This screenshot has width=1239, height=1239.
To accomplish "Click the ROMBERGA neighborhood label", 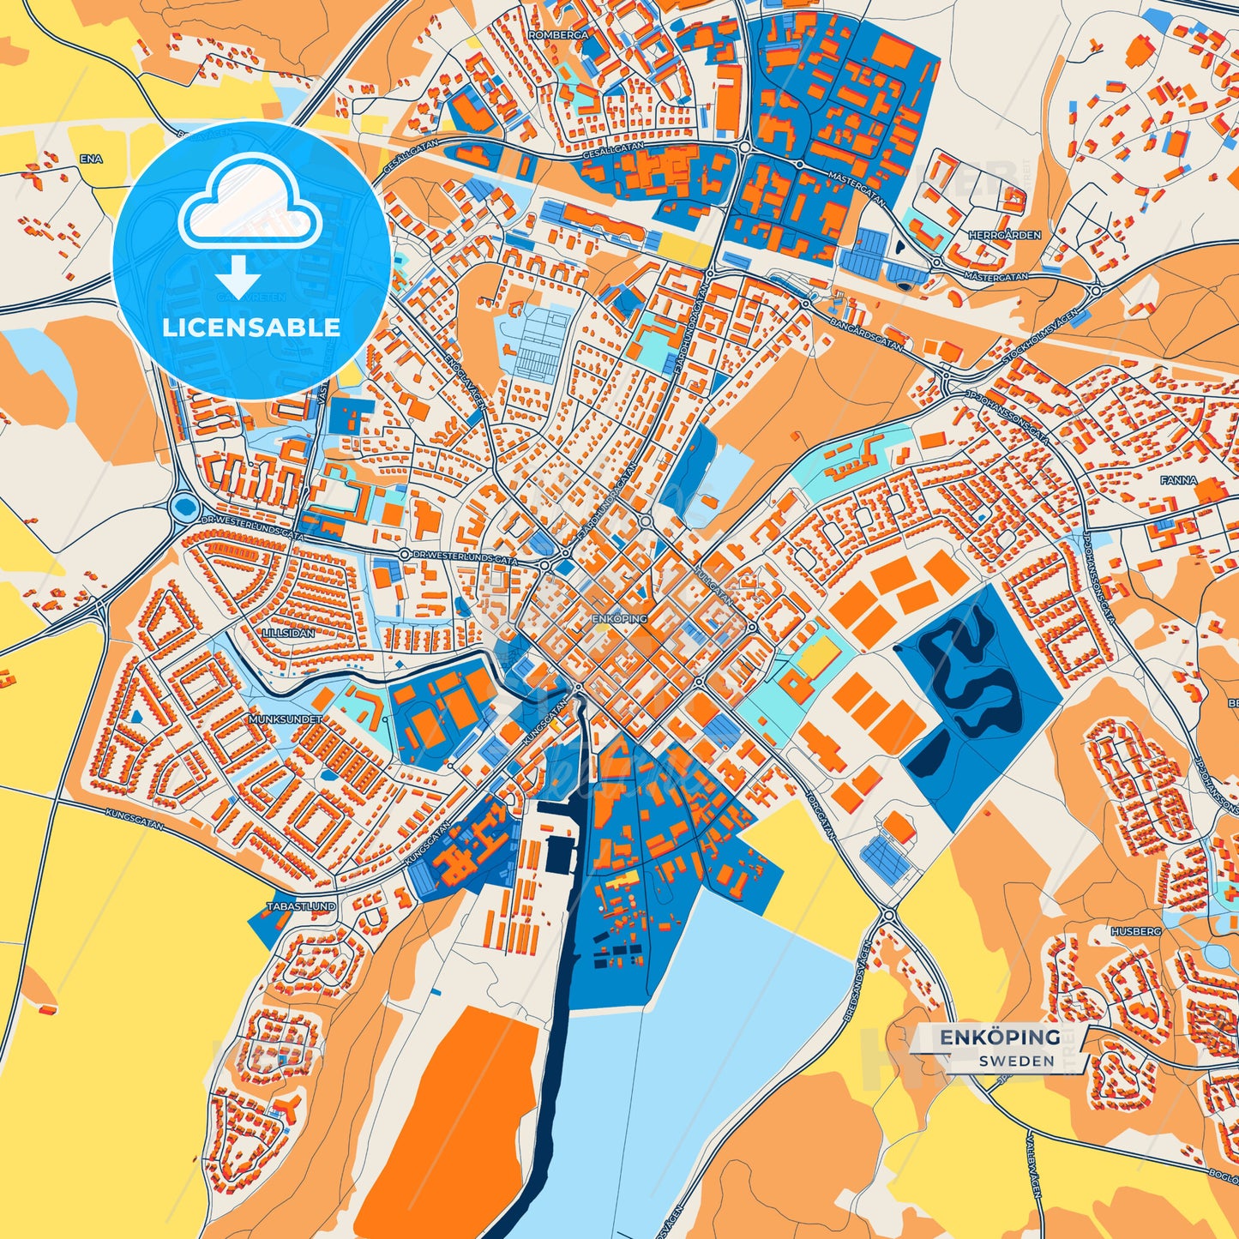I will (x=559, y=35).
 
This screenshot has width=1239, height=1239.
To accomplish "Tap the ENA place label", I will (x=90, y=159).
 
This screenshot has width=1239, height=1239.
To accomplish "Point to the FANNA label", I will (x=1178, y=481).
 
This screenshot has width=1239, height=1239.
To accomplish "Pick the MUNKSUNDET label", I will (x=286, y=719).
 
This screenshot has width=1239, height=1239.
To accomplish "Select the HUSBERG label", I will (x=1136, y=930).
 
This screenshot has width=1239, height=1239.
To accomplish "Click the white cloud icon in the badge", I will (x=250, y=202).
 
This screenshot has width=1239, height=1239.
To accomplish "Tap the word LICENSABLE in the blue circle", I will (x=251, y=328).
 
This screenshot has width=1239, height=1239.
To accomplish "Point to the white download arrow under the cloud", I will (x=238, y=279).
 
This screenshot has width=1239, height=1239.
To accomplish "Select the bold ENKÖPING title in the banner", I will (x=1000, y=1038).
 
